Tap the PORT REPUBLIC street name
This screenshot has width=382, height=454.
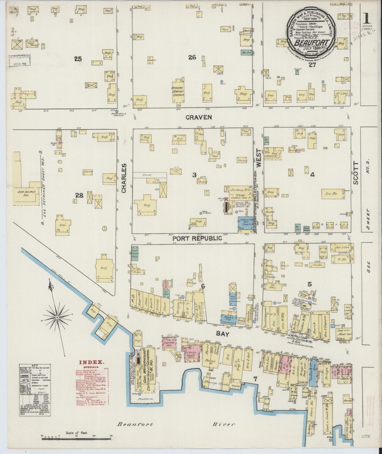(197, 238)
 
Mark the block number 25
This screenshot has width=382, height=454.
(78, 59)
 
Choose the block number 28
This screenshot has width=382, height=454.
(79, 195)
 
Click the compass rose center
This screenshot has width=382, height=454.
(57, 317)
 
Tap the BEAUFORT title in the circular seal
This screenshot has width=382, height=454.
(312, 43)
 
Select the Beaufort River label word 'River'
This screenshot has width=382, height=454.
(223, 424)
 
